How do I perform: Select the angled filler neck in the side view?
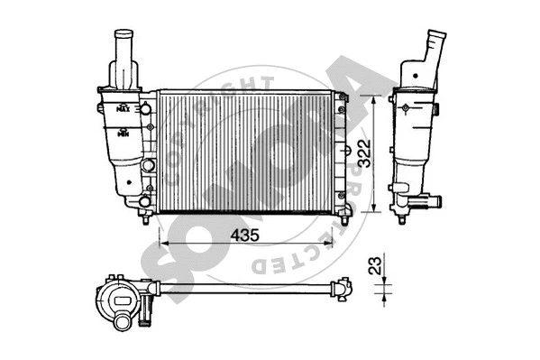[435, 45]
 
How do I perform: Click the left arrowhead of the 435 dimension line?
[163, 243]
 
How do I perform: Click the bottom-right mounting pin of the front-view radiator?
[347, 217]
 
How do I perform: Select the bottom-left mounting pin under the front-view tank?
[144, 217]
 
